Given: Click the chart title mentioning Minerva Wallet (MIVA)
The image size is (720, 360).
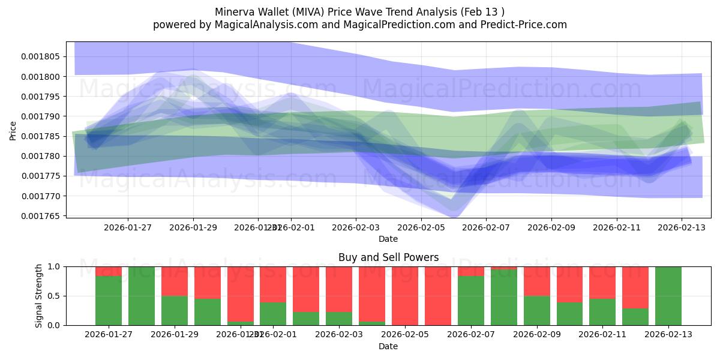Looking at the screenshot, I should pos(359,11).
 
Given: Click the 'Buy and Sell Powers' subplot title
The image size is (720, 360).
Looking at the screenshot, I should pos(388,257).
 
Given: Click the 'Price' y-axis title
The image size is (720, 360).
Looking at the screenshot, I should pos(13,130).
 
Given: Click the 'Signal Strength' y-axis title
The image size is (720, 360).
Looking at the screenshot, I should pos(39,295).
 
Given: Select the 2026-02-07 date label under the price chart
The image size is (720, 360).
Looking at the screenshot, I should pos(485,227).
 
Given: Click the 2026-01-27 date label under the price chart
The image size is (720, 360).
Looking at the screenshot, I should pos(128,227).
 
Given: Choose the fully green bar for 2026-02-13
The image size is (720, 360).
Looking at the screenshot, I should pos(668,296).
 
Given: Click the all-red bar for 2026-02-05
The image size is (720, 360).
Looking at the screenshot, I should pos(405,296).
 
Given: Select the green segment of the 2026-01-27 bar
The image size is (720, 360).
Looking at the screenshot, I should pos(109,301).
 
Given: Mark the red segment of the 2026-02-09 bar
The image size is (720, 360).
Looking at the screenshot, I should pos(536,281).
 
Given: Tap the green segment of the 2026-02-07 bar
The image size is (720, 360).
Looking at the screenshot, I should pos(471,301).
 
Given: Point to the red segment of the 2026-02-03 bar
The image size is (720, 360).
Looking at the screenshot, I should pos(339,289).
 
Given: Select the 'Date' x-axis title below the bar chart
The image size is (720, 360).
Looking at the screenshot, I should pos(388,346).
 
